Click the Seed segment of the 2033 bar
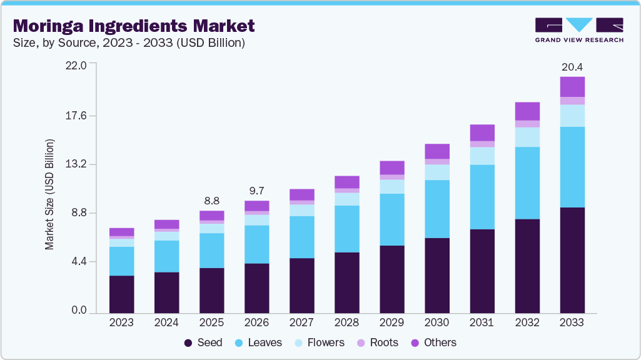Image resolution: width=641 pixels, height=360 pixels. [572, 260]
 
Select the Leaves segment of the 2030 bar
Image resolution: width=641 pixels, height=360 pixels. [437, 209]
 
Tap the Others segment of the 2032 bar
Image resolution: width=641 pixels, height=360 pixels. [527, 111]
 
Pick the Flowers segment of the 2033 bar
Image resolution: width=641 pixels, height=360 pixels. [572, 116]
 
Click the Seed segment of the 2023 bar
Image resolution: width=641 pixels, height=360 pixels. [121, 294]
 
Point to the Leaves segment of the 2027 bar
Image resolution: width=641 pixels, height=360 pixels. [302, 237]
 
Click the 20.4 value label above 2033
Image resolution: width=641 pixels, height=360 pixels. [572, 67]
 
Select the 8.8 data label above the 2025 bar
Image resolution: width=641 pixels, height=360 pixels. [212, 201]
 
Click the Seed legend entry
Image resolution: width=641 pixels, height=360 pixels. [203, 342]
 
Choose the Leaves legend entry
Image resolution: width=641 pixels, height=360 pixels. [258, 342]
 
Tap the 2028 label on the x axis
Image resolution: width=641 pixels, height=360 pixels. [347, 322]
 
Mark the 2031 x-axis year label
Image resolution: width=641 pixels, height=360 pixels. [482, 322]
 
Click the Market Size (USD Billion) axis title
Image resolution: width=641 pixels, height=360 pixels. [49, 194]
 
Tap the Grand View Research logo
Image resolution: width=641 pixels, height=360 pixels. [578, 30]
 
